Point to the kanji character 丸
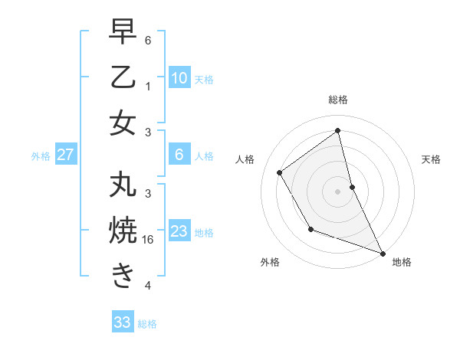point(123,185)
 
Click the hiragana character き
point(123,276)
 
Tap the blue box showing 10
point(179,78)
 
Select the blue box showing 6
point(179,155)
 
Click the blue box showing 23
point(179,232)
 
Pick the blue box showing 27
point(65,155)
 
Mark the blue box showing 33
point(122,322)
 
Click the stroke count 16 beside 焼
point(148,239)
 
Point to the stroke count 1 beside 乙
point(147,86)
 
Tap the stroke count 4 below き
point(147,286)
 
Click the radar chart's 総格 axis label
point(338,100)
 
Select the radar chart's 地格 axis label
point(402,262)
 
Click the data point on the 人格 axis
point(280,172)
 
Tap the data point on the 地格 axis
point(383,254)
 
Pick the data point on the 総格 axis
point(338,130)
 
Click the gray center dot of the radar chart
point(338,191)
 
